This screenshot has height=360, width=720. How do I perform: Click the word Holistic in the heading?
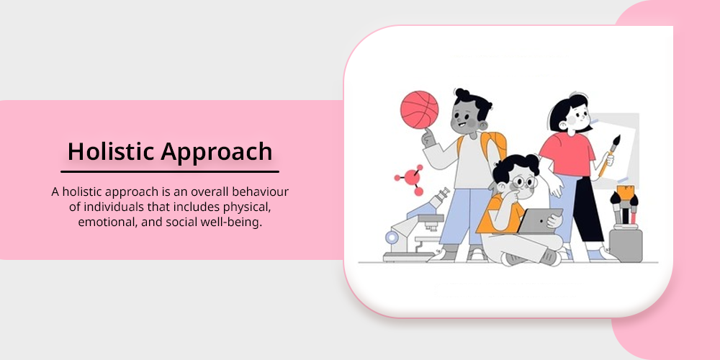point(111,151)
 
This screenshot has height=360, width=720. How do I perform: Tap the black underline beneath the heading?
point(170,172)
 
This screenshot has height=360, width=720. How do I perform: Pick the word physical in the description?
point(247,207)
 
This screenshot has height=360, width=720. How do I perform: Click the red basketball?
point(419,109)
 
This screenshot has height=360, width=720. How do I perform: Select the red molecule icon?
point(410,178)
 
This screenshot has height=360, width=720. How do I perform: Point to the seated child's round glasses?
point(523,182)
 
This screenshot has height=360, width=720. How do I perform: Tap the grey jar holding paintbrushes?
point(626,246)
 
